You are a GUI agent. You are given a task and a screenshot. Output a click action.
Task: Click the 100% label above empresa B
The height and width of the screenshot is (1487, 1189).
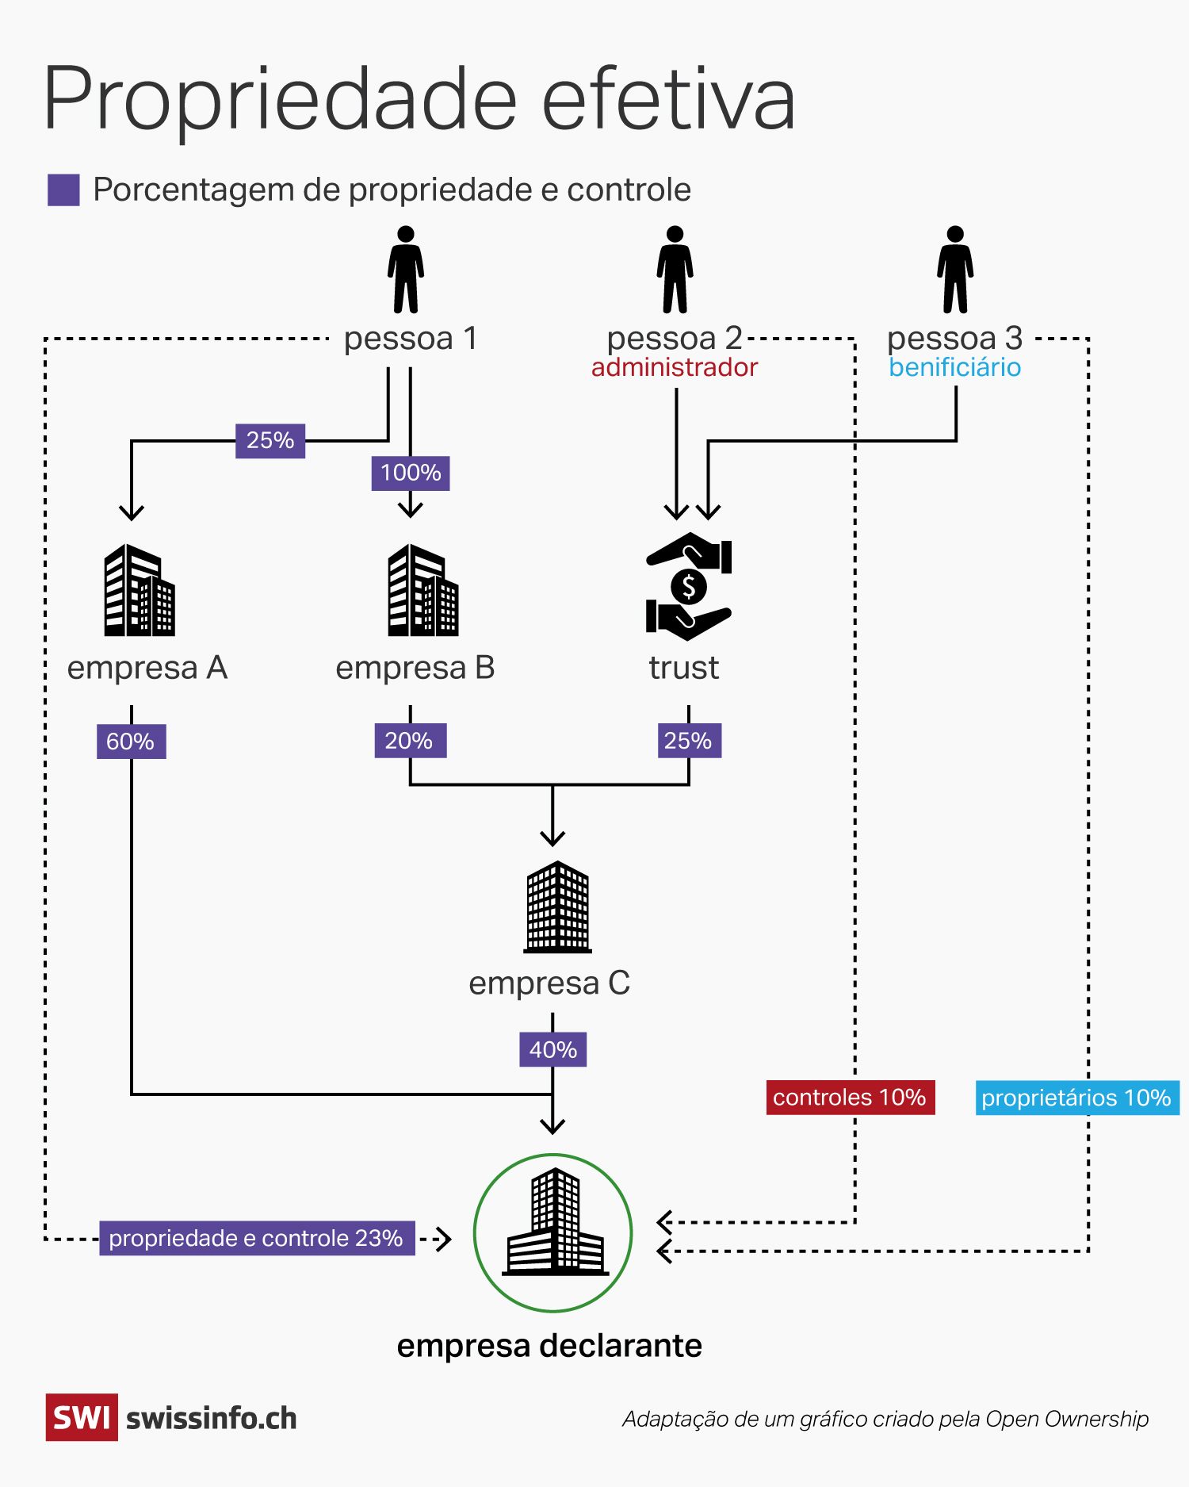coord(411,473)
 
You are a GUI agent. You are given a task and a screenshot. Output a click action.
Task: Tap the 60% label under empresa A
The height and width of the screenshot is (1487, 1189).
coord(131,742)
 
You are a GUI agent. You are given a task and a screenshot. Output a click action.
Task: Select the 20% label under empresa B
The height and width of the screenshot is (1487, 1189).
coord(410,741)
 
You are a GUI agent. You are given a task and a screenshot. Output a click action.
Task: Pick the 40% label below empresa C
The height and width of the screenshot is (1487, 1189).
coord(552,1049)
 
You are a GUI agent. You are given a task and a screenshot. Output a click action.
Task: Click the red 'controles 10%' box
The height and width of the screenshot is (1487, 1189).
coord(850,1098)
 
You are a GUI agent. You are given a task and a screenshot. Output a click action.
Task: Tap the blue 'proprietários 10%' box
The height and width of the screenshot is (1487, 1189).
coord(1076,1098)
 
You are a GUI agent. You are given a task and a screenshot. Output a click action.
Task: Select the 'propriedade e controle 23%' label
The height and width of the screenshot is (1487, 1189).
coord(257,1238)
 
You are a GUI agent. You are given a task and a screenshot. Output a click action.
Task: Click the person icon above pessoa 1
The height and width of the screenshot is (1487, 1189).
coord(406,270)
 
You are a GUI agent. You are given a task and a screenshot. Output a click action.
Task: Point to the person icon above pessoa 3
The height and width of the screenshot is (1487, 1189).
coord(955,270)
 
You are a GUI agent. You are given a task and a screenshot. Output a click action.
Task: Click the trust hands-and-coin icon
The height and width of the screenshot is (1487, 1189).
coord(688,586)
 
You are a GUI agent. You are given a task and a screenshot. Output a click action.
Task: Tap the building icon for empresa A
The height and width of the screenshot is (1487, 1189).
coord(140,590)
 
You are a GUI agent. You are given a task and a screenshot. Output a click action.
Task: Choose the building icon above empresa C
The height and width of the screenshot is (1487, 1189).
coord(557,907)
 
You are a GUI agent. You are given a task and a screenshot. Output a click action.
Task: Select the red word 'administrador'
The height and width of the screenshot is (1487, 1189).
coord(675,367)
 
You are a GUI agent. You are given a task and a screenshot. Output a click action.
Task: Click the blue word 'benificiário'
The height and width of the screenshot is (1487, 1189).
coord(954,367)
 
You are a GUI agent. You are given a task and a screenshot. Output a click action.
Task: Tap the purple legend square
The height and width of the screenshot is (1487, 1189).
coord(63,190)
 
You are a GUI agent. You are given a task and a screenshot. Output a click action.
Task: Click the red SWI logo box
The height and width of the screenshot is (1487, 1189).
coord(82,1417)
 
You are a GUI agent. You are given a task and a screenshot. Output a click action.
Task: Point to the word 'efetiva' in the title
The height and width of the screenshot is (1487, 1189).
coord(668,100)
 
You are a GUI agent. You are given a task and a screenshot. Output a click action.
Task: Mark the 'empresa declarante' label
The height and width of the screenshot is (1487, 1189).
coord(549,1346)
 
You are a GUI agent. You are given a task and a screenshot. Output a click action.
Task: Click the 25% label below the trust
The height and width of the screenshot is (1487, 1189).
coord(689,741)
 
